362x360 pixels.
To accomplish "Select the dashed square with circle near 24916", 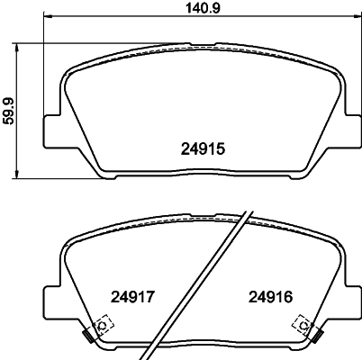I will (303, 323).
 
